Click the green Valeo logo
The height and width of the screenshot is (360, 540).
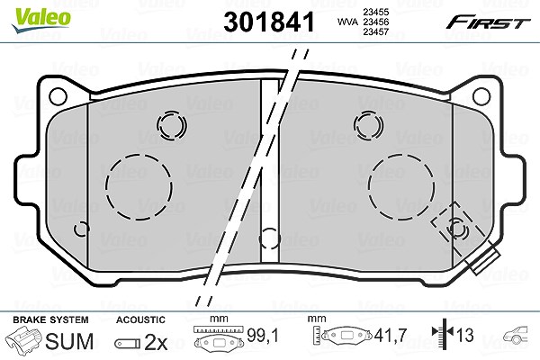[x=41, y=20]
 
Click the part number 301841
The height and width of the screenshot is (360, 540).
[x=269, y=22]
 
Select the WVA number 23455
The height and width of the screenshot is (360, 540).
[x=375, y=12]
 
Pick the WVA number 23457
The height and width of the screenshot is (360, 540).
[x=375, y=32]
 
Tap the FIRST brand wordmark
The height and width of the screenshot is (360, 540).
[x=488, y=22]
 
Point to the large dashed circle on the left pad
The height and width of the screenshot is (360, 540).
[x=106, y=186]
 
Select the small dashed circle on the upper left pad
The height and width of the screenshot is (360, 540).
[x=157, y=125]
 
